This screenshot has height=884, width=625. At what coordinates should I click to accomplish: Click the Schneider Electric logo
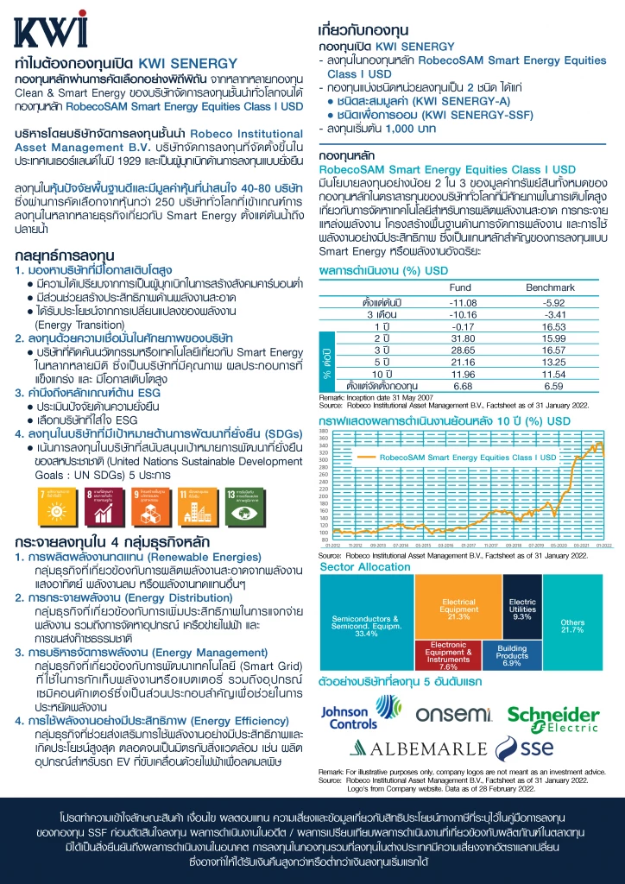coord(552,716)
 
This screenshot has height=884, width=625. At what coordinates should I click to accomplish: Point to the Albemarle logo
coord(416,748)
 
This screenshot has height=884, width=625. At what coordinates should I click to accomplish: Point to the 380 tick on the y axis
coord(324,432)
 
